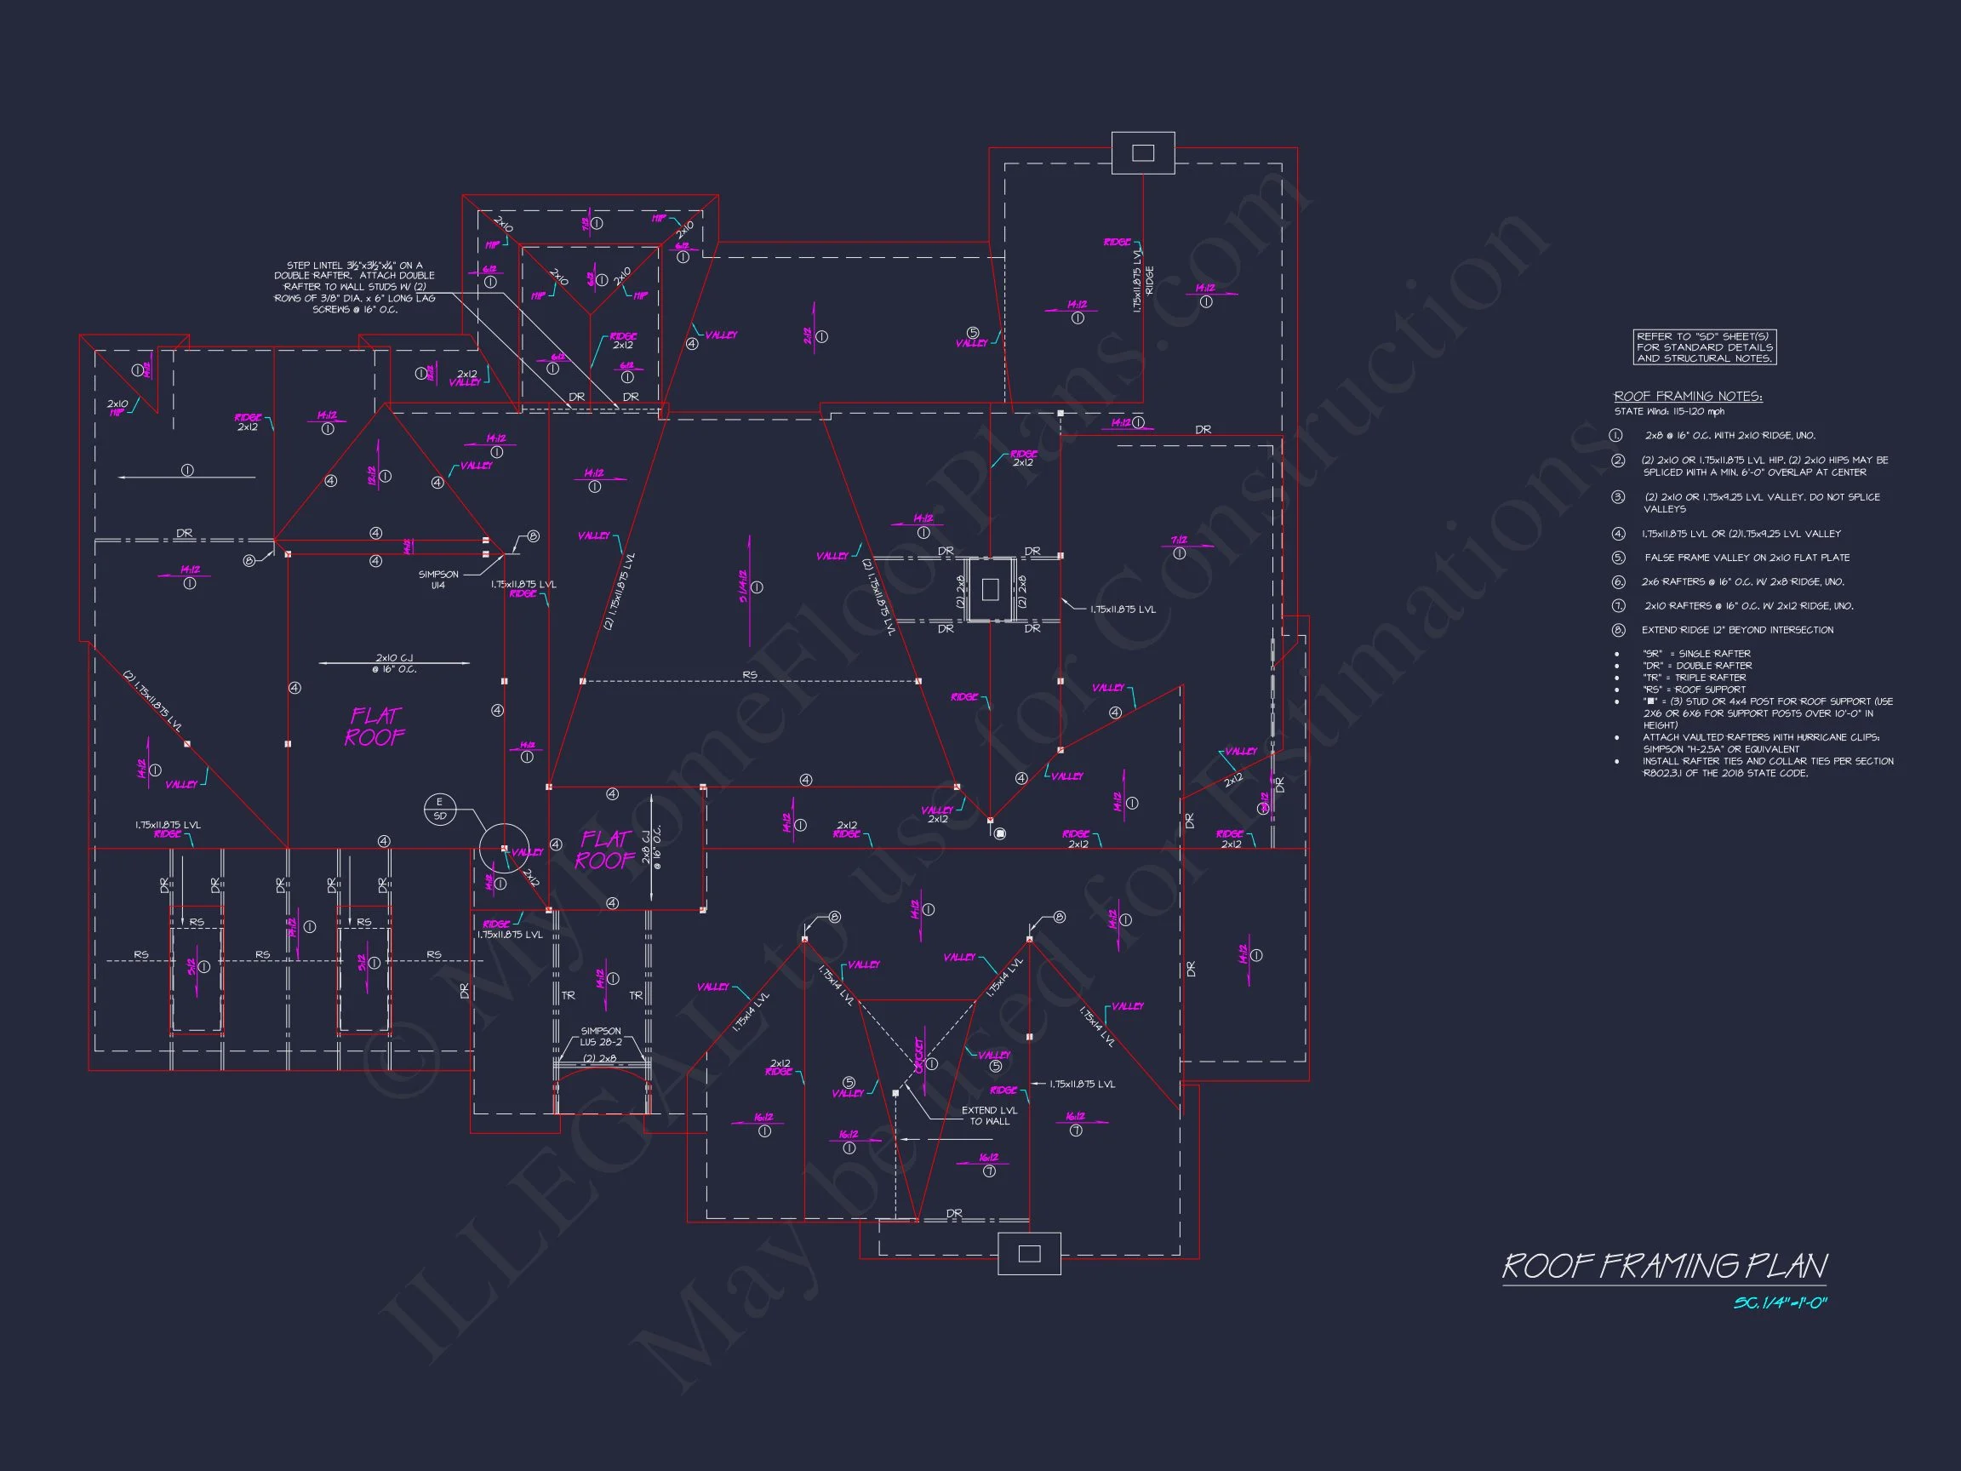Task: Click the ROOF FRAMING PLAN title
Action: (x=1664, y=1265)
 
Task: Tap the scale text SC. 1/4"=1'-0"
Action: (x=1781, y=1303)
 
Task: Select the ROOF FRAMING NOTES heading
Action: (x=1688, y=397)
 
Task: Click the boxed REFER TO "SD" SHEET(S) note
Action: (x=1704, y=347)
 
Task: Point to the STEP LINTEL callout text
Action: (x=355, y=287)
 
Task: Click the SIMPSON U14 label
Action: (x=438, y=580)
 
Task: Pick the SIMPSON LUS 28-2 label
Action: (x=601, y=1037)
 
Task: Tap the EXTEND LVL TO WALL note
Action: (x=989, y=1115)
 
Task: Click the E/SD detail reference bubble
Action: (x=440, y=809)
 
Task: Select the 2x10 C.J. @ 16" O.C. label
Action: (x=395, y=663)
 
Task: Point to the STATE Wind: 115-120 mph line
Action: (x=1669, y=411)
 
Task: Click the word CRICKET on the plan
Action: (x=919, y=1055)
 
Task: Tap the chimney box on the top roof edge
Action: (x=1143, y=152)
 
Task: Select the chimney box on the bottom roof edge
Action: (x=1028, y=1253)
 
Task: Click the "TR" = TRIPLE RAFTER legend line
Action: (x=1697, y=678)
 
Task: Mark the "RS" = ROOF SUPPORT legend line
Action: (x=1693, y=689)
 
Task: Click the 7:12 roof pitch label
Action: (x=1178, y=540)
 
